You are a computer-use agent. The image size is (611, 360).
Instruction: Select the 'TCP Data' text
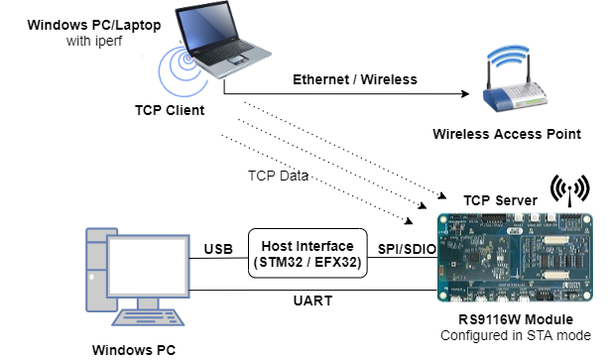279,176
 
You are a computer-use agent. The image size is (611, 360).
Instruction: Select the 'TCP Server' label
500,200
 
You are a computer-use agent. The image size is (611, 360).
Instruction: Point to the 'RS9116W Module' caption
515,320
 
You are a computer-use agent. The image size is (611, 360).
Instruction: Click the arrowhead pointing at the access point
462,96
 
